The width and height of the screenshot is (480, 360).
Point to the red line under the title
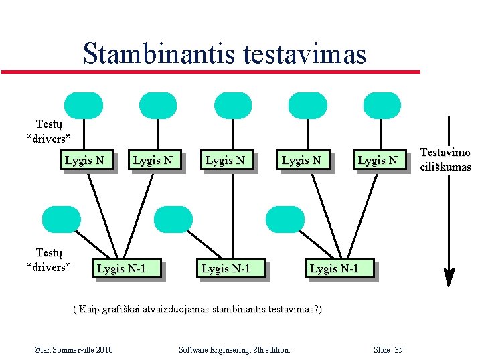(x=210, y=72)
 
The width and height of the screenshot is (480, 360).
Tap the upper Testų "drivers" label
(x=49, y=131)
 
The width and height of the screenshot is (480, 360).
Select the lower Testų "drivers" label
(x=49, y=260)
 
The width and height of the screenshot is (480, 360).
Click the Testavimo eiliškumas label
(x=445, y=160)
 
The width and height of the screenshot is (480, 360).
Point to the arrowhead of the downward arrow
(x=450, y=276)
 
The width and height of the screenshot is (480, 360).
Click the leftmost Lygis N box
(x=84, y=160)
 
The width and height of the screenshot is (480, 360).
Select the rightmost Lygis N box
(x=378, y=160)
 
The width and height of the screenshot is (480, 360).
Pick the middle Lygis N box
(x=224, y=160)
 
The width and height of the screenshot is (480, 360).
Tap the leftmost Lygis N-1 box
(x=121, y=268)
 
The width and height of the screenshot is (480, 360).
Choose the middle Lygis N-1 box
(x=226, y=268)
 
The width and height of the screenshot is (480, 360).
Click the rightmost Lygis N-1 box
(x=334, y=268)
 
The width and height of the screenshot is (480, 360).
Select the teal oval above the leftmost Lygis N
(x=84, y=106)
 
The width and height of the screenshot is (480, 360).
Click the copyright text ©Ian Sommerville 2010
(x=73, y=350)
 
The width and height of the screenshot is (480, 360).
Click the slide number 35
(x=388, y=350)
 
